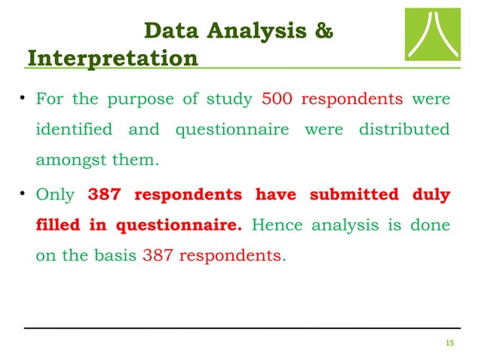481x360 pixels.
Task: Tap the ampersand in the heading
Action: click(320, 32)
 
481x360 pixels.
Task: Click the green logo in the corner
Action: click(431, 36)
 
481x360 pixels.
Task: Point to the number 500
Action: click(277, 99)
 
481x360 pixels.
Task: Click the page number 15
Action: click(450, 343)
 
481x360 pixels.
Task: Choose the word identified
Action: click(74, 130)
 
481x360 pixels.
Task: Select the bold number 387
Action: click(105, 194)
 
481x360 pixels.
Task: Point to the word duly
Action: click(431, 194)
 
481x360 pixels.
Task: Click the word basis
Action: click(117, 255)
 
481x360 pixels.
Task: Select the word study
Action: click(233, 99)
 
